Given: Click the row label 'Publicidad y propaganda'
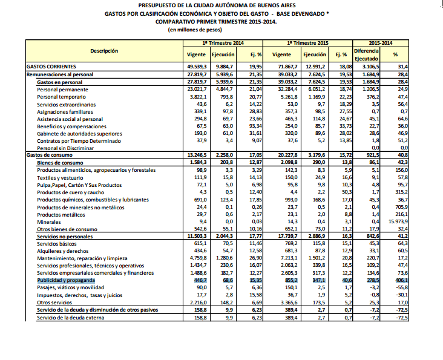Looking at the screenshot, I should [66, 281].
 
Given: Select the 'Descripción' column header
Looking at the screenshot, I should [104, 51].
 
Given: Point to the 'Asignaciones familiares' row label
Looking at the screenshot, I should [67, 112].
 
